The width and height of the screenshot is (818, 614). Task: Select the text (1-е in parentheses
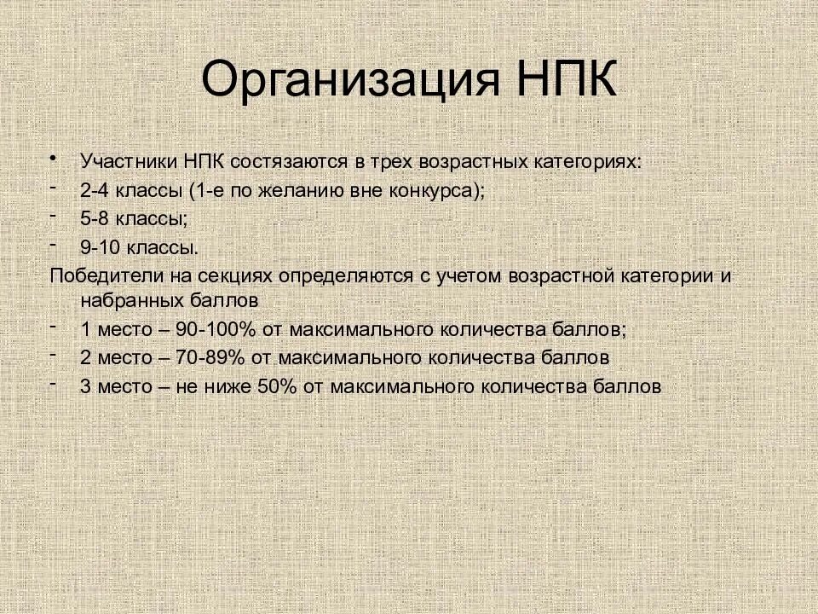(218, 190)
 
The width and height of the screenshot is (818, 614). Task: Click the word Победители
(100, 277)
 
